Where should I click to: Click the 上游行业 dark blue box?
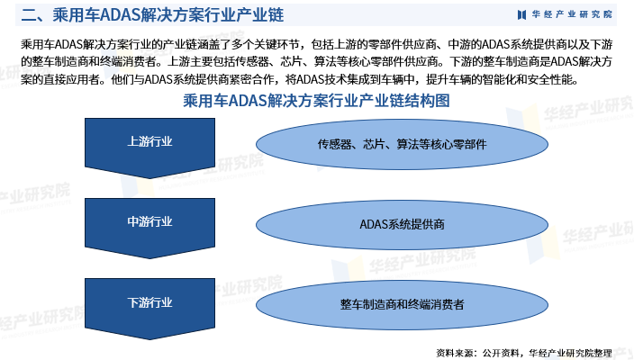[x=150, y=142]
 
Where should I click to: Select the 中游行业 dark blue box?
[x=150, y=221]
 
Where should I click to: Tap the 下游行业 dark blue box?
[x=150, y=301]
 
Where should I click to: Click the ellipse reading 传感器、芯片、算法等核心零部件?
[x=402, y=144]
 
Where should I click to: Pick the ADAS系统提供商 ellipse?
[x=402, y=224]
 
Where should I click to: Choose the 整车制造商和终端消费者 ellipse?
[x=402, y=304]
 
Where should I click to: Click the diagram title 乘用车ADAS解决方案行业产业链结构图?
[x=317, y=102]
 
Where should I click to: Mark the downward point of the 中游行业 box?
[x=150, y=255]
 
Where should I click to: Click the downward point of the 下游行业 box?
[x=150, y=335]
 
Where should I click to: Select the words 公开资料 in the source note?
[x=499, y=351]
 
